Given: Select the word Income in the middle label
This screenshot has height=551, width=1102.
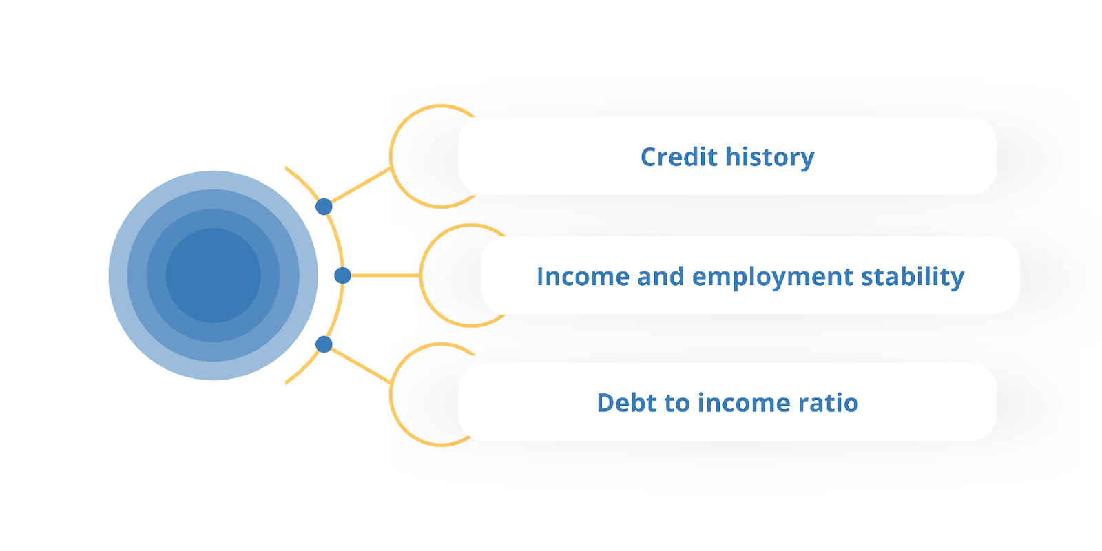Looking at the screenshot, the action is (x=583, y=276).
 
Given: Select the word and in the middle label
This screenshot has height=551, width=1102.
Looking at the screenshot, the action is (x=661, y=276).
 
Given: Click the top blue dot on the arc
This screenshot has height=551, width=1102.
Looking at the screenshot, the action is (x=324, y=207).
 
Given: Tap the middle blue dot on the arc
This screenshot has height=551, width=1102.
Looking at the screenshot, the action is (x=342, y=275).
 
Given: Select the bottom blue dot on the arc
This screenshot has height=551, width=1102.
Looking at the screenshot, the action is (x=324, y=344).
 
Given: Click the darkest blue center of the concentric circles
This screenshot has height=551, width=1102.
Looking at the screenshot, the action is (x=213, y=275).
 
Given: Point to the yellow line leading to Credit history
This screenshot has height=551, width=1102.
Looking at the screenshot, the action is (x=361, y=185).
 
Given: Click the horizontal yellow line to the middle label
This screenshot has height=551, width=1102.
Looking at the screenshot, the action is (x=385, y=275).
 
